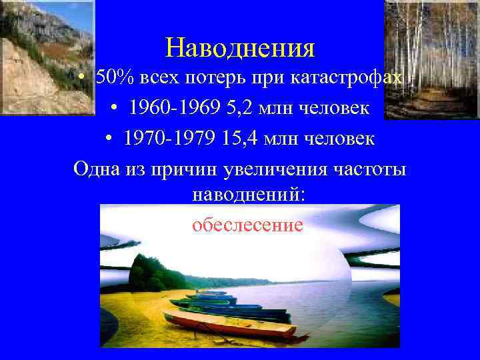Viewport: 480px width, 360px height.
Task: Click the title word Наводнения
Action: point(240,47)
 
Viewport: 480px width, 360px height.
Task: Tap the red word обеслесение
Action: point(247,225)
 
